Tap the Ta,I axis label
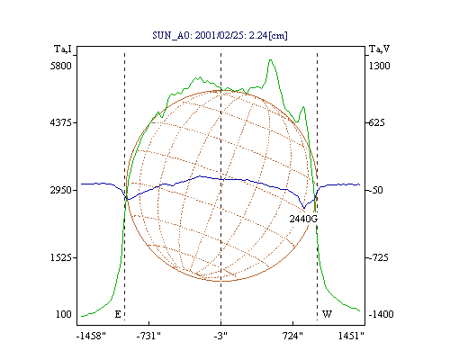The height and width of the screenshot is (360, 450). coord(63,49)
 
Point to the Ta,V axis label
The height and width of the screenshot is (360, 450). coord(379,49)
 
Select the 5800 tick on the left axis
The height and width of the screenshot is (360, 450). coord(61,66)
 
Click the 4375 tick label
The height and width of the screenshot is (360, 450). coord(61,122)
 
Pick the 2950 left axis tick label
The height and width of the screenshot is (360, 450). coord(61,190)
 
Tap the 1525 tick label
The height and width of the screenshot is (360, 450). coord(61,257)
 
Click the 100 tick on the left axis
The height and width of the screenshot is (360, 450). coord(64,314)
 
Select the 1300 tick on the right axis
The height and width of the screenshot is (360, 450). coord(380,66)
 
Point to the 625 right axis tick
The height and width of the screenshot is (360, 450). coord(376,122)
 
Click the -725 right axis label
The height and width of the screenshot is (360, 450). coord(379,257)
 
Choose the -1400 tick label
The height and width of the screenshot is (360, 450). coord(381,314)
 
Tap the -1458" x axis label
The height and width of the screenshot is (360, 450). coord(91,336)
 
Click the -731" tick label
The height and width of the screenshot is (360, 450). coord(148,336)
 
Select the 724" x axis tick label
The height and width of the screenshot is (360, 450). coord(292,336)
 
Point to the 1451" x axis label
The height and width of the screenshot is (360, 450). coord(351,336)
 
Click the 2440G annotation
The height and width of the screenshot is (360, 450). coord(303,219)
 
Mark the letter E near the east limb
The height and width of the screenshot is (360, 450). coord(118,314)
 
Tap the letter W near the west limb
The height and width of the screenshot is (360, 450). coord(327,314)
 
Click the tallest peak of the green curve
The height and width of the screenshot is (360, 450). coord(271,60)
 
